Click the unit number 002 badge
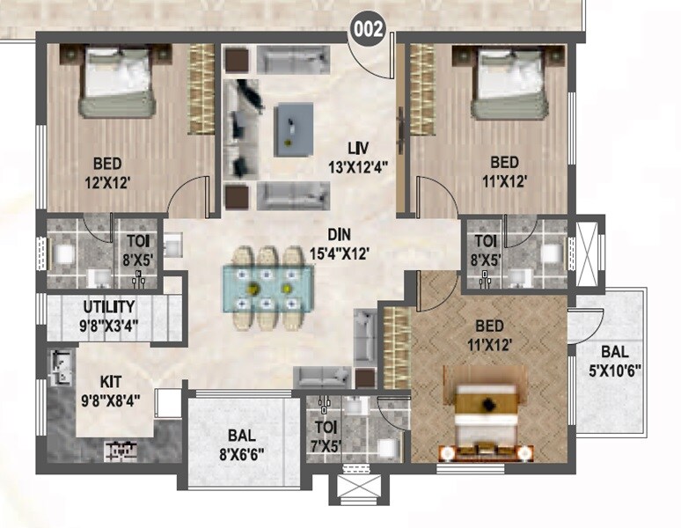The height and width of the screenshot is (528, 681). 368,29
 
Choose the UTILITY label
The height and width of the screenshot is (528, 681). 109,307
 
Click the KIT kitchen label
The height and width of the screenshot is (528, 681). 111,383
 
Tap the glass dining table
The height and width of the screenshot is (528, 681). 265,286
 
